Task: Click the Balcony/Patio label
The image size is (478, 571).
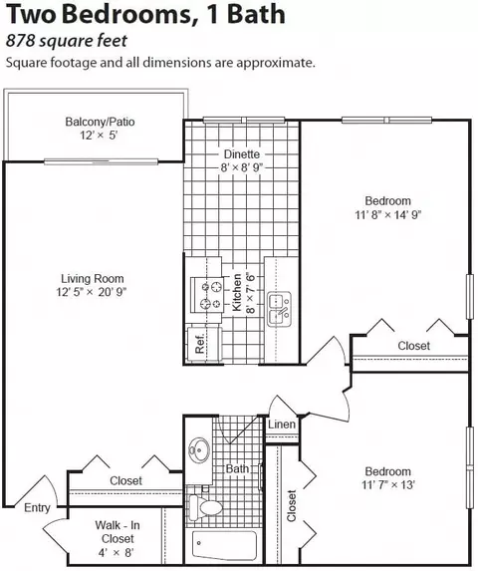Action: click(x=100, y=122)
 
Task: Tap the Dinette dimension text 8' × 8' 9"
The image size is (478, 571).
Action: click(x=242, y=167)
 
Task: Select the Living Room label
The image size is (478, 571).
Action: click(x=93, y=279)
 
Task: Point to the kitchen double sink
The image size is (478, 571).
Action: click(x=280, y=309)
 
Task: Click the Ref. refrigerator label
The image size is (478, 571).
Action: click(x=200, y=344)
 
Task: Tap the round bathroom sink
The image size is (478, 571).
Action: click(x=199, y=449)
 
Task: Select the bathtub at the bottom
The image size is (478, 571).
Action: click(x=224, y=546)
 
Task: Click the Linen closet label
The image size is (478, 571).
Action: click(x=282, y=425)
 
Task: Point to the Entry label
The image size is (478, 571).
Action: click(x=37, y=507)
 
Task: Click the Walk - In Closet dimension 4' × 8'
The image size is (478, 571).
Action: click(x=117, y=553)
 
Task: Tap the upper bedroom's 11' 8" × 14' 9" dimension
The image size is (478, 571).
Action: click(x=388, y=215)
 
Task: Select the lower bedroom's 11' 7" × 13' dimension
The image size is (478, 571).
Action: click(x=388, y=485)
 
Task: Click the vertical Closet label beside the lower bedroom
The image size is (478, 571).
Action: click(x=292, y=506)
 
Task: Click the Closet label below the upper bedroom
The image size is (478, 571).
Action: click(x=414, y=346)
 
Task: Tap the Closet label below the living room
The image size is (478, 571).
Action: click(x=125, y=480)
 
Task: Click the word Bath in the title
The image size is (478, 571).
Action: click(x=258, y=14)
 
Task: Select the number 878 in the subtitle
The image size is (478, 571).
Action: click(x=20, y=41)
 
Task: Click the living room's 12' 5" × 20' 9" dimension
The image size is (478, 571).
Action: click(x=92, y=292)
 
